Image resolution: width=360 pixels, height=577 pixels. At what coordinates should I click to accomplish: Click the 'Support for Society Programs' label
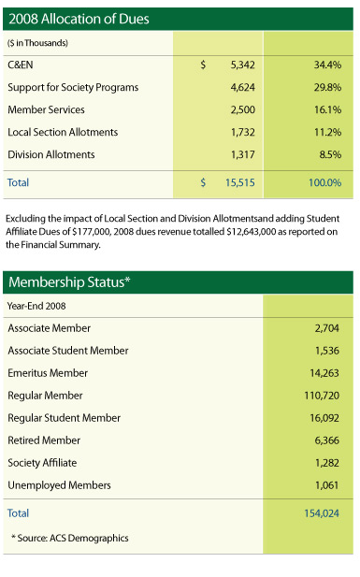pyautogui.click(x=73, y=88)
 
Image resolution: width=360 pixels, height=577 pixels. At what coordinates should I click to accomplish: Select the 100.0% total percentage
pyautogui.click(x=324, y=182)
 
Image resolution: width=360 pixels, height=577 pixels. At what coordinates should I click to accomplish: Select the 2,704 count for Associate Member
pyautogui.click(x=325, y=329)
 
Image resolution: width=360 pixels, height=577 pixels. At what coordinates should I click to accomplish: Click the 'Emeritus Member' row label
pyautogui.click(x=46, y=373)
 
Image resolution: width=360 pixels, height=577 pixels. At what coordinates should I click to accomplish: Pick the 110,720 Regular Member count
pyautogui.click(x=322, y=396)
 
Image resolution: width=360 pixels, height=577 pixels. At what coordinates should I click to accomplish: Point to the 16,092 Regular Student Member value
pyautogui.click(x=324, y=418)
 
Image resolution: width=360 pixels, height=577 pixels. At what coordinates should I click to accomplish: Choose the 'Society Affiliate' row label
pyautogui.click(x=44, y=462)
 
